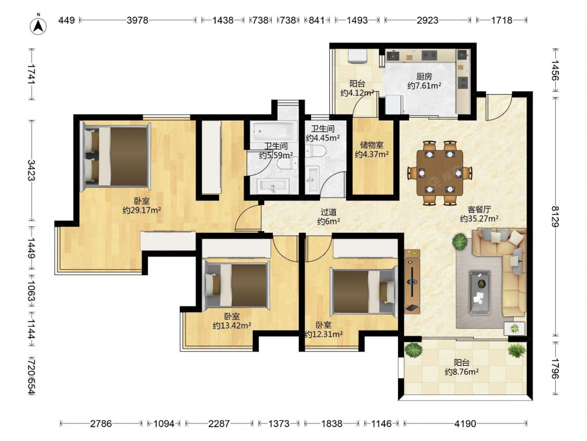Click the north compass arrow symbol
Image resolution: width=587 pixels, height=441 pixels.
(x=38, y=25)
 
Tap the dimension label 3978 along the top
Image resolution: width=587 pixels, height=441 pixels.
(x=137, y=20)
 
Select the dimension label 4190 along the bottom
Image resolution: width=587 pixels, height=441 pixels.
(x=465, y=424)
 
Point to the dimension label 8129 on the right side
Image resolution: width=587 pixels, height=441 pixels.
(x=555, y=216)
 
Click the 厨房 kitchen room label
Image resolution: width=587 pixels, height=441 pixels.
(x=424, y=76)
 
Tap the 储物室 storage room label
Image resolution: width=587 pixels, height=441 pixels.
(x=372, y=145)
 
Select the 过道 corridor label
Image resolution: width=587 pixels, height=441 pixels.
(x=328, y=212)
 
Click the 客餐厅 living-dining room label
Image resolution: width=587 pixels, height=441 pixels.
(x=479, y=209)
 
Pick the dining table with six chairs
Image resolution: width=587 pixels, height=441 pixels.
(x=440, y=172)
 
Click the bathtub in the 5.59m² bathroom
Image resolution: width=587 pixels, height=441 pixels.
(x=274, y=131)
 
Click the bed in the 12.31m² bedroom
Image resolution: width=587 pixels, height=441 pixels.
(x=364, y=292)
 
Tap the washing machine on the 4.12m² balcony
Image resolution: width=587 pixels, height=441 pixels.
(x=358, y=57)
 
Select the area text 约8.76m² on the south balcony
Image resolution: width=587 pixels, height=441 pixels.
(x=461, y=372)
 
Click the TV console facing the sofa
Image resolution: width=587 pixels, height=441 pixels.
(x=412, y=282)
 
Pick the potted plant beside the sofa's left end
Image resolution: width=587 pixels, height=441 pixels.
(x=460, y=242)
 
